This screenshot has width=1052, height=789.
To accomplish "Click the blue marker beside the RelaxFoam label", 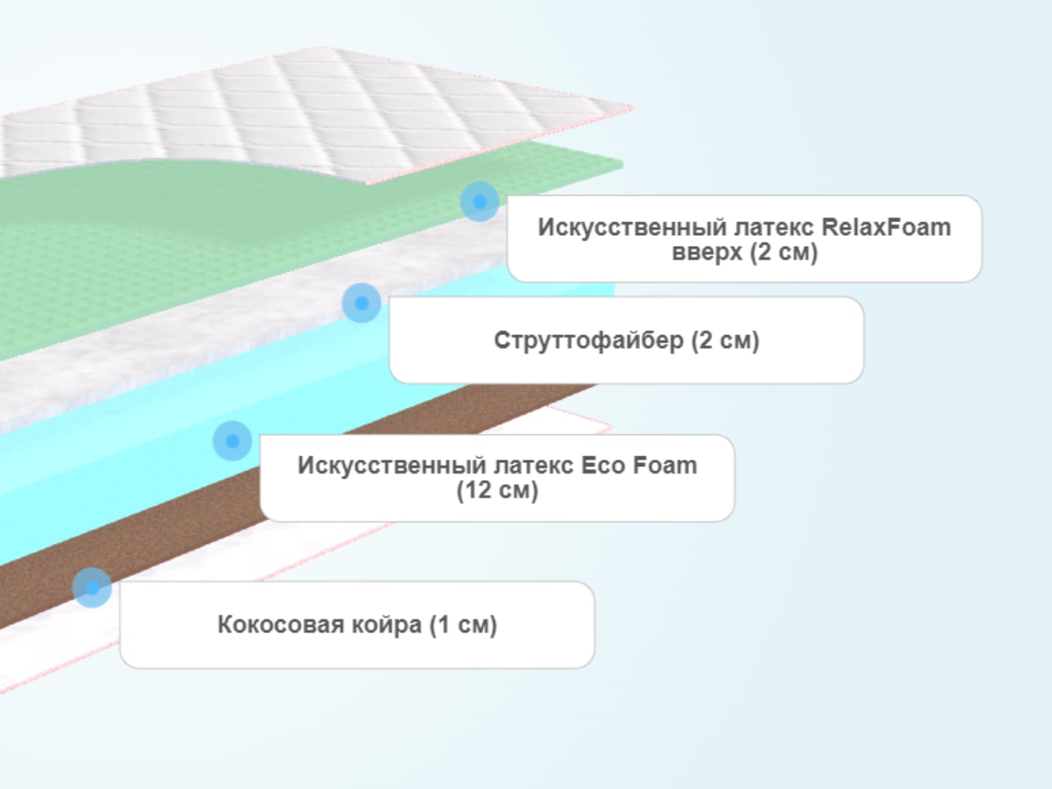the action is tap(480, 202).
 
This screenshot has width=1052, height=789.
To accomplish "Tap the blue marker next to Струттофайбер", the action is tap(362, 303).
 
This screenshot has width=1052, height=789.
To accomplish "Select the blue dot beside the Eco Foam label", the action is tap(233, 441).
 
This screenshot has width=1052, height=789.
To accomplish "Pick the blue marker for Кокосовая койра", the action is tap(92, 587).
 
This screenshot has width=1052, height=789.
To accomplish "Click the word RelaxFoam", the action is tap(886, 227).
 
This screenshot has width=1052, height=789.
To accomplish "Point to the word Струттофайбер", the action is tap(588, 340).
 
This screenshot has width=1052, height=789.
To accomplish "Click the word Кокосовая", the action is tap(281, 624).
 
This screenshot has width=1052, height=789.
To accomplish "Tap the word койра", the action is tap(387, 625).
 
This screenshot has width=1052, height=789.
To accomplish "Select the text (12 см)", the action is tap(497, 490).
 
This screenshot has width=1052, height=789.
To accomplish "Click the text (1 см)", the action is tap(464, 625).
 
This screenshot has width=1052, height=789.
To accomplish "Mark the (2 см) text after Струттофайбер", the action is tap(725, 341).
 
